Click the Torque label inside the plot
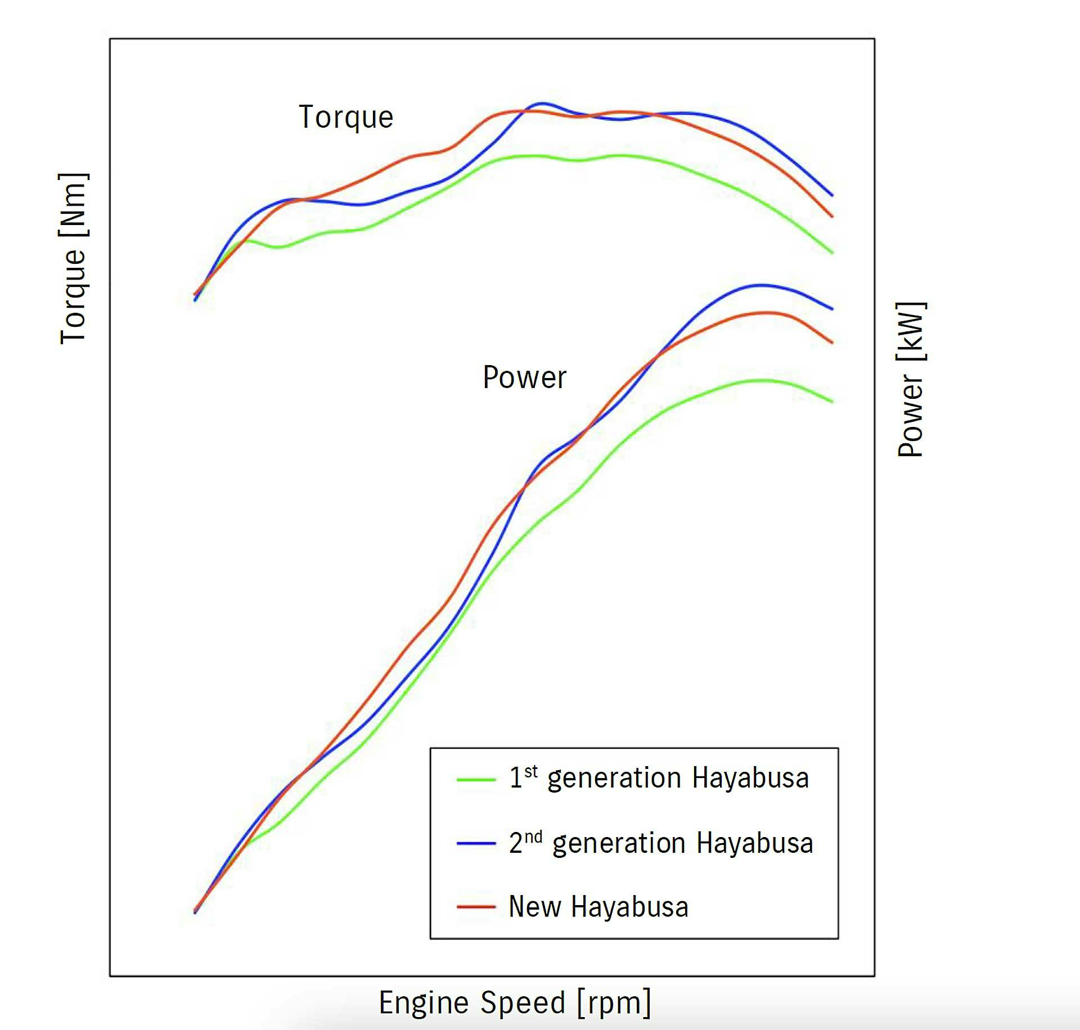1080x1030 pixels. [346, 118]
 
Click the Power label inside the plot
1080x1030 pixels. [524, 377]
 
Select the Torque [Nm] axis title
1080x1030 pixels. [74, 258]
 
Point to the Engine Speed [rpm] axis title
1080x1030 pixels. [515, 1003]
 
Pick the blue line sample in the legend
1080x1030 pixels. [476, 843]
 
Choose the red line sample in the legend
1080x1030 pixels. [476, 907]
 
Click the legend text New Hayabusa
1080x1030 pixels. [598, 907]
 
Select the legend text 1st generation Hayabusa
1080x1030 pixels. [659, 779]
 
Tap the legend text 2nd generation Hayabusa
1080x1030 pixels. [661, 843]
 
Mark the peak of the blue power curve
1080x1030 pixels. [760, 285]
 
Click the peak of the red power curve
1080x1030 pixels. [767, 313]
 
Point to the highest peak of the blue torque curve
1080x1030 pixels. [541, 104]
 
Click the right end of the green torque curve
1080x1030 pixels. [832, 253]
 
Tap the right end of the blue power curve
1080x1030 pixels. [832, 309]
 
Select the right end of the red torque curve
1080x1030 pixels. [832, 216]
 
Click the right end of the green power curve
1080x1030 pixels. [832, 402]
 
